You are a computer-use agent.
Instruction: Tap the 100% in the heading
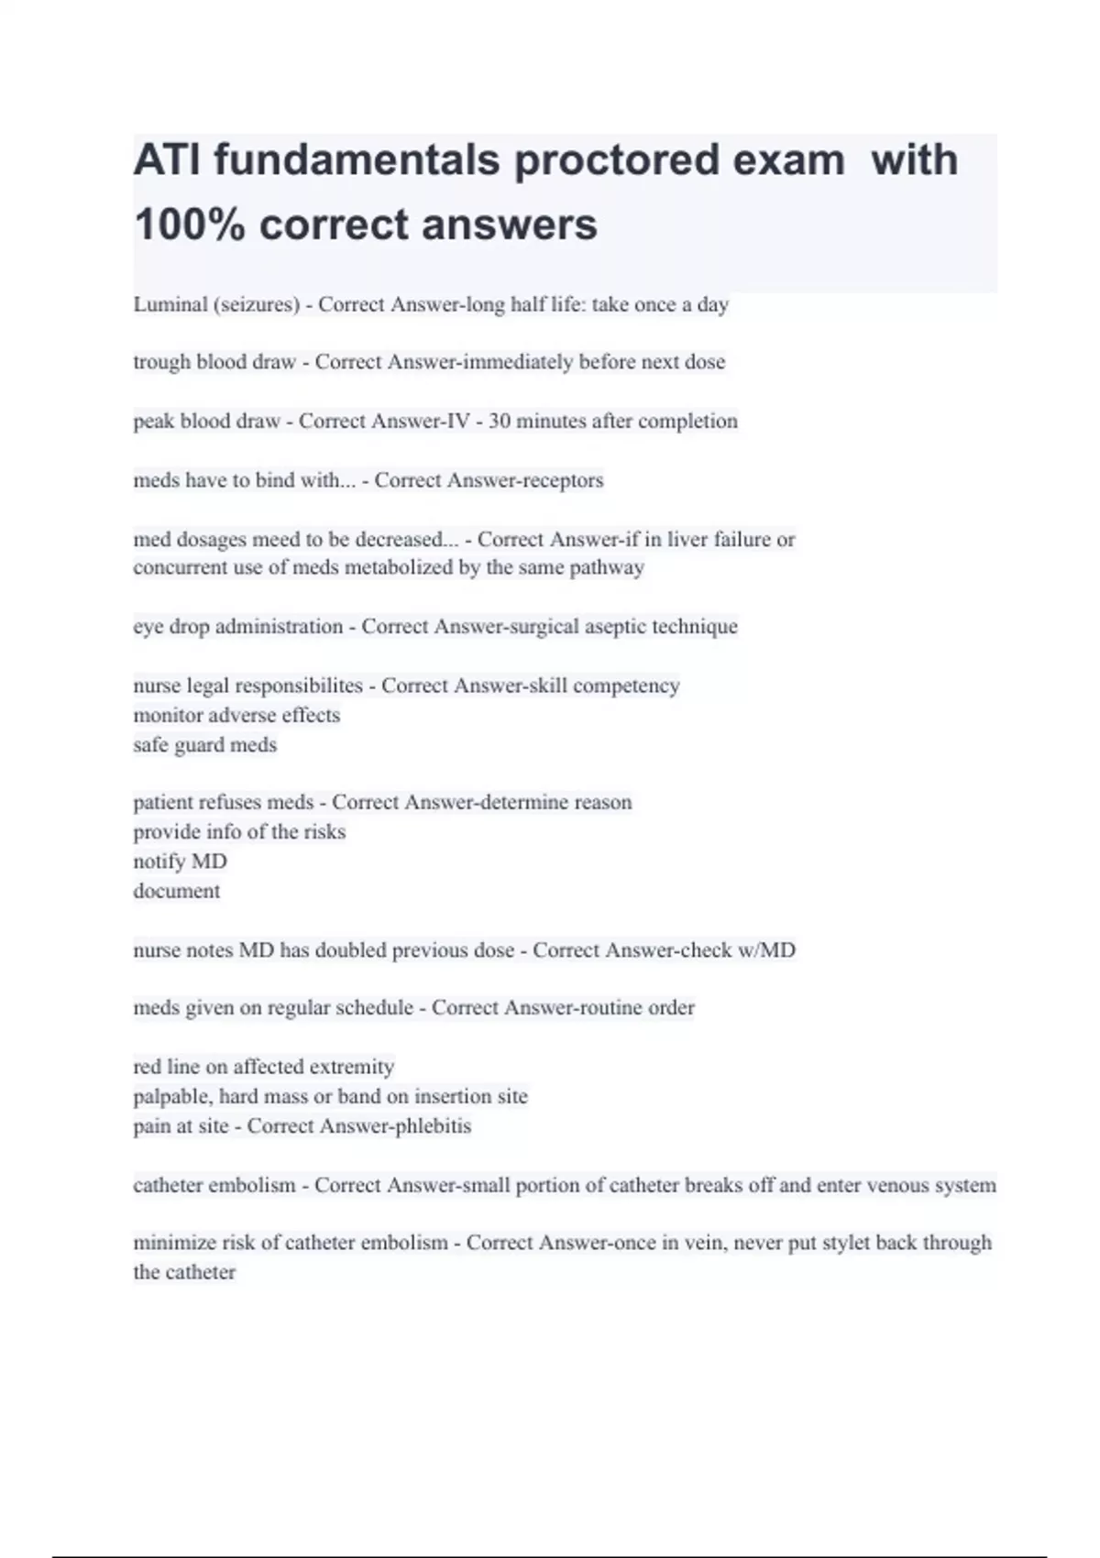pyautogui.click(x=189, y=225)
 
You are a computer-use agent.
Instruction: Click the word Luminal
pyautogui.click(x=170, y=304)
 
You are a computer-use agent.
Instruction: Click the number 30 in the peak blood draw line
pyautogui.click(x=500, y=421)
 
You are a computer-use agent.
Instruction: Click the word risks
pyautogui.click(x=321, y=832)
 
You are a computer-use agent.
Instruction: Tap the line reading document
pyautogui.click(x=177, y=891)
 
